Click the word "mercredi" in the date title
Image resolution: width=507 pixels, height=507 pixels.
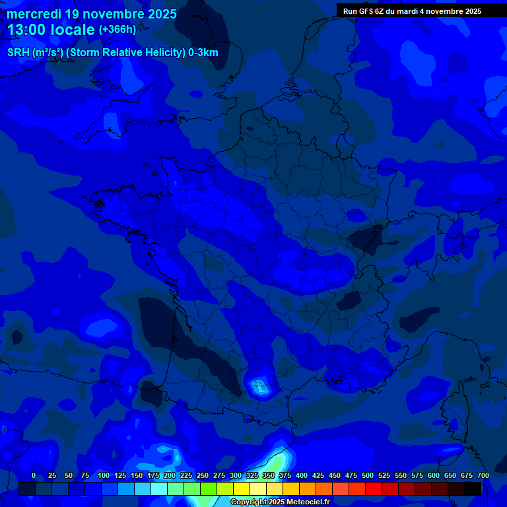[x=33, y=14]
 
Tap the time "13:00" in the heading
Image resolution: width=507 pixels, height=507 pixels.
[x=27, y=30]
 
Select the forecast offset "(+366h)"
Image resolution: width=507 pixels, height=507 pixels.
[x=117, y=30]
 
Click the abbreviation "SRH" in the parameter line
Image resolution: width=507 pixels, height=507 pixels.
[x=18, y=53]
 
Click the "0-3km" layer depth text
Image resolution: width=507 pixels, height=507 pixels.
[x=203, y=53]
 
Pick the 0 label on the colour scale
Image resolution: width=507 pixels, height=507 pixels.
[x=34, y=475]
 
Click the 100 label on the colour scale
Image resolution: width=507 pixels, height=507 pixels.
[x=104, y=475]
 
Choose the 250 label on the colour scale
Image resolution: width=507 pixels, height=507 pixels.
[x=203, y=475]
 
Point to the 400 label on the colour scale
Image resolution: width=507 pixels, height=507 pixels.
[x=302, y=475]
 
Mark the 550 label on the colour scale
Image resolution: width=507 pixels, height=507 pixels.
[x=401, y=475]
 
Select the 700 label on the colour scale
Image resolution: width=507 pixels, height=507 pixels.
[x=483, y=475]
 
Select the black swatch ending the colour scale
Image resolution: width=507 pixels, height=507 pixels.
[x=473, y=489]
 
